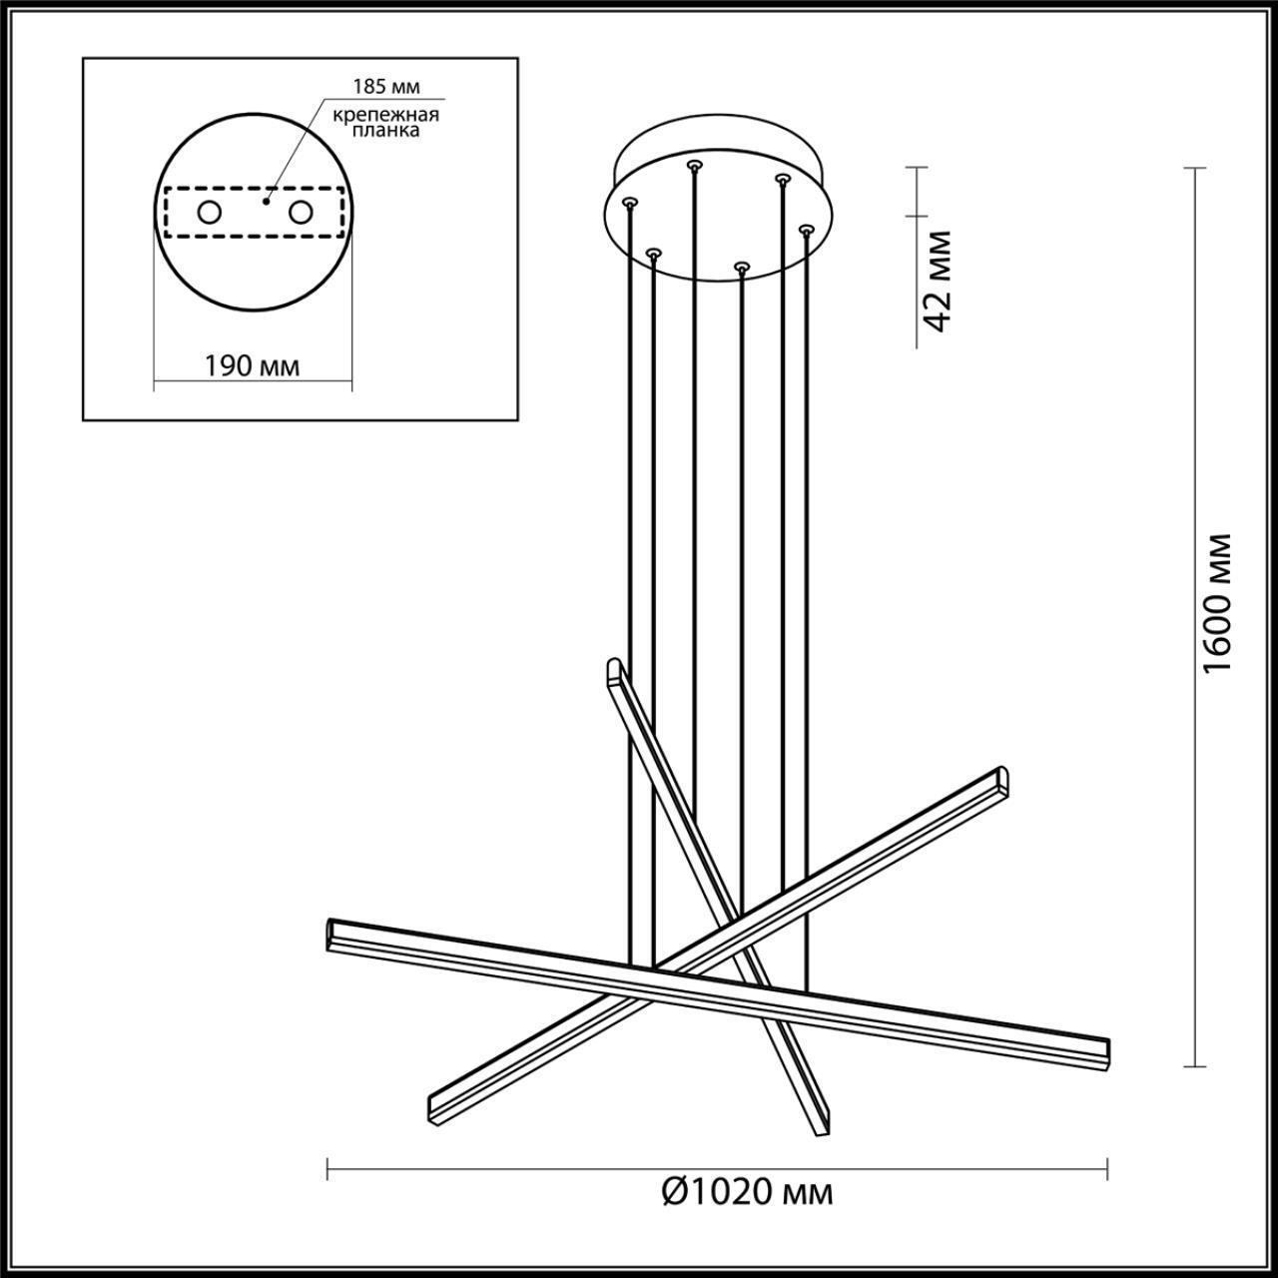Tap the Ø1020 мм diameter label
point(747,1191)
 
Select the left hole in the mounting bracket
point(210,212)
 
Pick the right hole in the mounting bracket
point(300,212)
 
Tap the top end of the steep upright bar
point(613,667)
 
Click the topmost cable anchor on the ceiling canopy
point(693,162)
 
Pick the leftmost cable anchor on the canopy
point(628,202)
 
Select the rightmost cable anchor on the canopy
point(805,229)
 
